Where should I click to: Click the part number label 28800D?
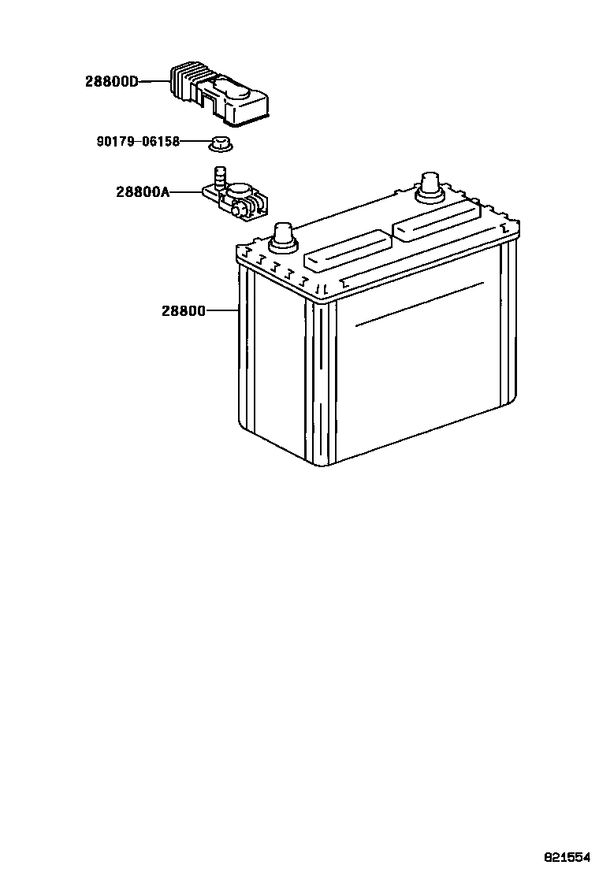point(112,81)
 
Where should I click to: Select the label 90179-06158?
point(138,142)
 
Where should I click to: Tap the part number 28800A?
point(143,191)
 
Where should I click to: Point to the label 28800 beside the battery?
point(184,311)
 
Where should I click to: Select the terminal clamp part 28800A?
point(236,200)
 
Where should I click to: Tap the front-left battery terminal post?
point(284,236)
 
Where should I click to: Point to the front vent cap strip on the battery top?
point(347,251)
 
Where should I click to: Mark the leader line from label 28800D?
point(154,81)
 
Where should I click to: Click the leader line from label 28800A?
point(184,191)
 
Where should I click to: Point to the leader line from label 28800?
point(222,311)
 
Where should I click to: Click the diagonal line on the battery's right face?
point(419,303)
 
